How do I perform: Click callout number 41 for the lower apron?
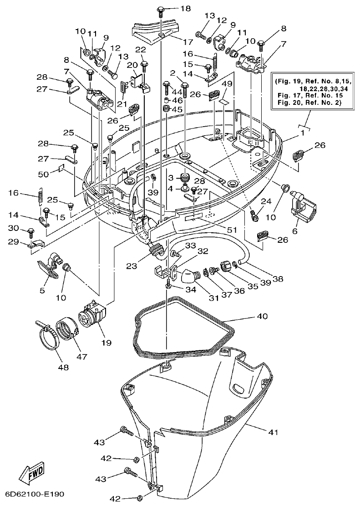274,432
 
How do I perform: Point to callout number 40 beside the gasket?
263,316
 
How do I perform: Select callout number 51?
233,229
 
